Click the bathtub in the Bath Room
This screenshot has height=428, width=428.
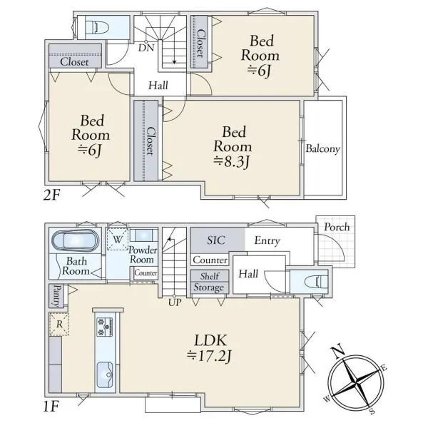[75, 240]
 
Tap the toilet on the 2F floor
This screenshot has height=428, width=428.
[97, 27]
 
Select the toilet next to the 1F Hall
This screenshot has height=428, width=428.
[316, 282]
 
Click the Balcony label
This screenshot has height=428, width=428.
[323, 149]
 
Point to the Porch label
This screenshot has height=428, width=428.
[337, 227]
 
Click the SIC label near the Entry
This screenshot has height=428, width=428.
[216, 240]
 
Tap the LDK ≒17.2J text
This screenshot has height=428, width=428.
[210, 348]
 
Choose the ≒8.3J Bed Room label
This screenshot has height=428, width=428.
[233, 147]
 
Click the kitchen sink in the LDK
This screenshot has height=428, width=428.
[105, 374]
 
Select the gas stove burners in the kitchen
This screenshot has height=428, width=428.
[105, 327]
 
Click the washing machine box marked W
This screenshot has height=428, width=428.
[118, 239]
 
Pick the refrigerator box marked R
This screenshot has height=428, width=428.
[59, 324]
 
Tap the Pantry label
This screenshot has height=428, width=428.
[56, 296]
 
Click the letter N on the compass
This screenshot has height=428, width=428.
[337, 352]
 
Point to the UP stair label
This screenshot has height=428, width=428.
[175, 302]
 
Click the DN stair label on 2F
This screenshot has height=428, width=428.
[146, 48]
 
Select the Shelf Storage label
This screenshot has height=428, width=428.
[209, 282]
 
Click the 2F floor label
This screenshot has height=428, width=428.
[51, 195]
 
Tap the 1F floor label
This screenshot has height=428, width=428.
[51, 407]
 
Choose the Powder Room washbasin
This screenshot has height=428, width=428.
[143, 235]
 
